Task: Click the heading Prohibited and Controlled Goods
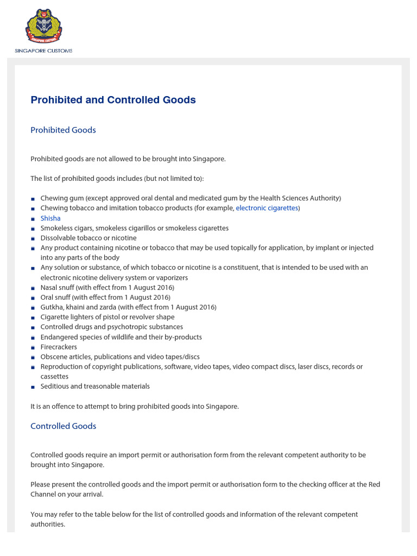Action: tap(113, 100)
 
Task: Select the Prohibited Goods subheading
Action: tap(63, 130)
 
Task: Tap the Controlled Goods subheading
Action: tap(63, 426)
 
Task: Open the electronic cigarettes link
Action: tap(267, 208)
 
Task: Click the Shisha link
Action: tap(50, 218)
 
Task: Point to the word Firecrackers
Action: tap(59, 347)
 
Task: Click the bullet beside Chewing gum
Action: tap(33, 199)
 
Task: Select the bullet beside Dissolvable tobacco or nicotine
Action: tap(33, 238)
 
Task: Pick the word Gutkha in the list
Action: tap(52, 307)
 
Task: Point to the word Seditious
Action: tap(55, 387)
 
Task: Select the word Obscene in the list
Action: tap(53, 357)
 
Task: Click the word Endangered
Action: tap(59, 337)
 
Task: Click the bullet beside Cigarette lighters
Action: tap(33, 318)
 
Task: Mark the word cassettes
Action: tap(54, 376)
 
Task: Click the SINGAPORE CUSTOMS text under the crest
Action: tap(43, 51)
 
